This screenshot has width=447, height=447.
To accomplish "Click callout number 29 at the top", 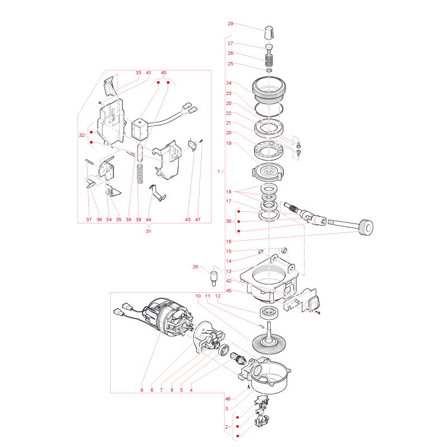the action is pos(230,23).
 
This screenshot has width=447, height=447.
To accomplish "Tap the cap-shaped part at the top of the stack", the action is pos(269,34).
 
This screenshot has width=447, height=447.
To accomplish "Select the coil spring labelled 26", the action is pos(269,59).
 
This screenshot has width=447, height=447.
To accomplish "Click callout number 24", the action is pos(229,83).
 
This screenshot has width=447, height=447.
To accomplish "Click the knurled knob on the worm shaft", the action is pos(366,227).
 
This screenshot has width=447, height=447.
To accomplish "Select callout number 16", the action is pos(229,241).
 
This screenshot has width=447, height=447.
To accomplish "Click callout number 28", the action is pos(195,267).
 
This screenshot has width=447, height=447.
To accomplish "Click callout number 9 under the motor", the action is pos(142,390).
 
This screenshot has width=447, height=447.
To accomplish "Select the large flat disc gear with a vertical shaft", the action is pos(269,341).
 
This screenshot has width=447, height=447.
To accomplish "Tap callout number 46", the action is pos(228,399).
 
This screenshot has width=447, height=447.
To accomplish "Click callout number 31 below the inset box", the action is pos(148,231).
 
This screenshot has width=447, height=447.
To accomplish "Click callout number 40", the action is pos(163,73).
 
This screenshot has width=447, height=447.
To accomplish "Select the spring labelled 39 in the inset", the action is pos(140,174).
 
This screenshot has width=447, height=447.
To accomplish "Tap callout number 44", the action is pos(148,220).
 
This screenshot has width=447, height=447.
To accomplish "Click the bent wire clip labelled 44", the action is pos(158,193).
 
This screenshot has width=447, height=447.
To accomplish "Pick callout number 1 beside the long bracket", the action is pos(218,172).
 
